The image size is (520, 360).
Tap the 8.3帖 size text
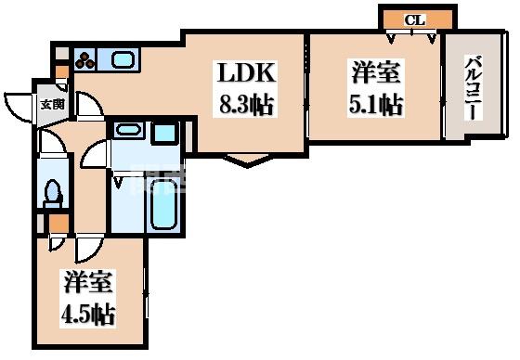click(x=246, y=104)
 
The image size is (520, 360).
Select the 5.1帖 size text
click(x=377, y=104)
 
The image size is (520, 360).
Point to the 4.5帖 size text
click(x=89, y=313)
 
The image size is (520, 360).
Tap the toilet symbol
click(x=52, y=191)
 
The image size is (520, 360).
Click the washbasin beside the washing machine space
click(x=128, y=133)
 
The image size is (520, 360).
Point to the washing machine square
click(x=164, y=133)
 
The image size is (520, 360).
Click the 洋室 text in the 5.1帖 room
click(x=377, y=72)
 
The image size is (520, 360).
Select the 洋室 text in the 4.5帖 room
click(x=88, y=281)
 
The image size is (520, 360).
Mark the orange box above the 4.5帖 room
click(x=58, y=225)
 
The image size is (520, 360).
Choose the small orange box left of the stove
click(x=61, y=69)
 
